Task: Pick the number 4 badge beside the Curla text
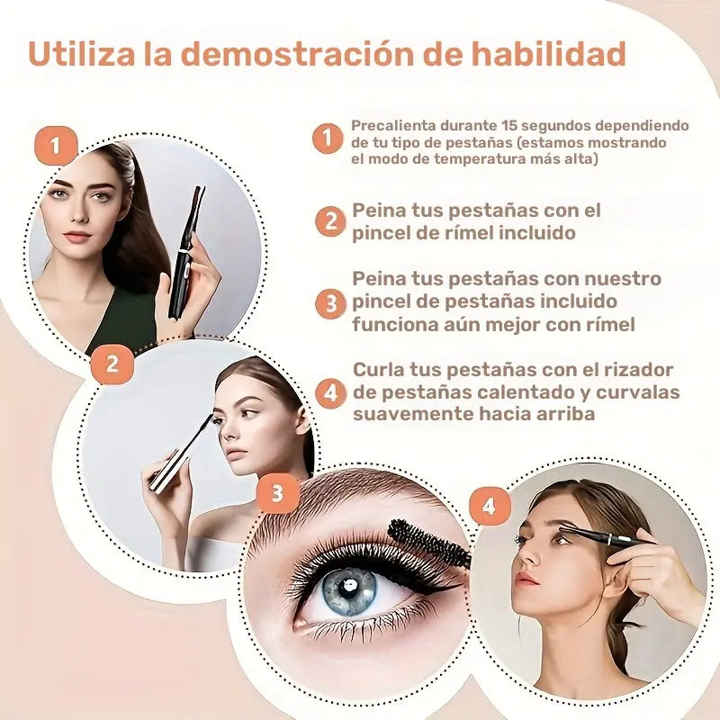tap(331, 392)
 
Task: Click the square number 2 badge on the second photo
tap(112, 364)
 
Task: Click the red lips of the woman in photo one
tap(78, 237)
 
